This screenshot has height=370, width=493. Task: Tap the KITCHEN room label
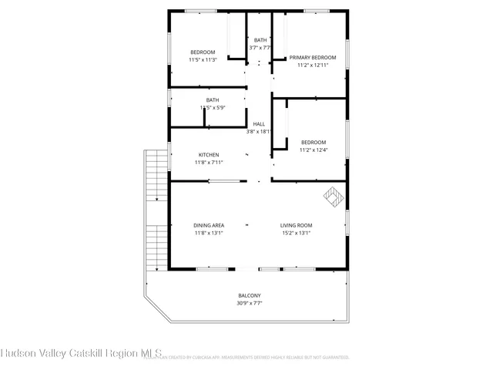point(209,155)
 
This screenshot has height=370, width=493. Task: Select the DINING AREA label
point(209,225)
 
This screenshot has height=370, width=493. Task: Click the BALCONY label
point(249,296)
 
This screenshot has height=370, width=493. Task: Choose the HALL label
point(259,124)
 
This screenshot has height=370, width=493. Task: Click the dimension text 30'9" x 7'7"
point(249,304)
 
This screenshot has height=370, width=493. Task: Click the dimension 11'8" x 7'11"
point(209,163)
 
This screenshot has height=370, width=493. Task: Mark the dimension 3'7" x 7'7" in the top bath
point(260,48)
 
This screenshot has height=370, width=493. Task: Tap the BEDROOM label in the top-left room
point(203,52)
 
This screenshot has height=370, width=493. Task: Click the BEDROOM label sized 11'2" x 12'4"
point(313,143)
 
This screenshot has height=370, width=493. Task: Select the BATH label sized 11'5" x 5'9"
point(212,99)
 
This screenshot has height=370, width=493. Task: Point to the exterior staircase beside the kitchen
point(156,208)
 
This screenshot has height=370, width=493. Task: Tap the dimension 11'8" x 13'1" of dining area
point(209,233)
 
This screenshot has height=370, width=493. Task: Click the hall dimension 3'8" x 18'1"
point(259,132)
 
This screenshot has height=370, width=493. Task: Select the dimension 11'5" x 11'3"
point(203,59)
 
